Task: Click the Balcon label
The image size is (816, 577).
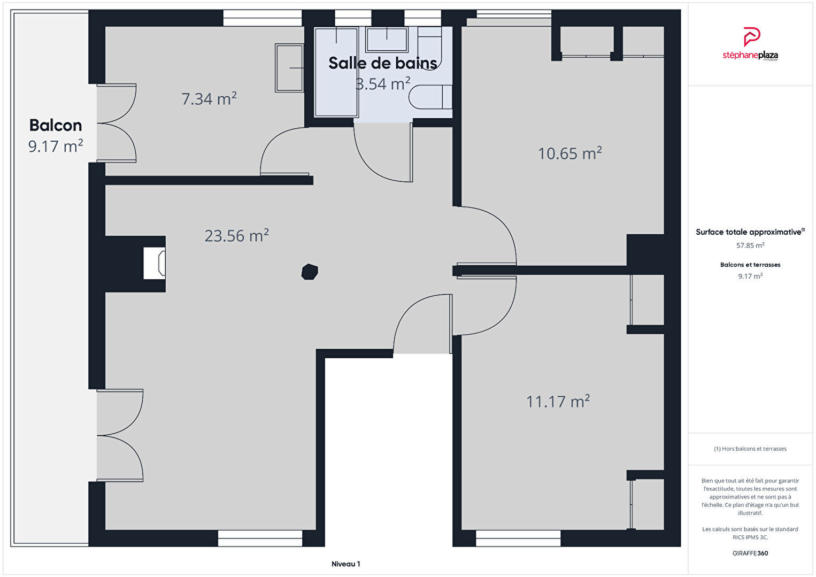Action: [56, 125]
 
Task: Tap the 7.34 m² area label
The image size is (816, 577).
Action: [209, 99]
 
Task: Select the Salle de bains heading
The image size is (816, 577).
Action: [382, 63]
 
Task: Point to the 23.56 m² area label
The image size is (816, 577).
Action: [237, 236]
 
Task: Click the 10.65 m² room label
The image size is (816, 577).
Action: [569, 153]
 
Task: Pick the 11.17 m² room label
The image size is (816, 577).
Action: [558, 402]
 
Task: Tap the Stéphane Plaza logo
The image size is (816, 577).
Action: [750, 44]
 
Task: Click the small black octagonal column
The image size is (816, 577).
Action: [310, 272]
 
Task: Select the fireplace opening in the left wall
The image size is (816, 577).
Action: [154, 263]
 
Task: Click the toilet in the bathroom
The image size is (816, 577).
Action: [430, 97]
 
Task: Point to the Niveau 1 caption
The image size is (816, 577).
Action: [346, 564]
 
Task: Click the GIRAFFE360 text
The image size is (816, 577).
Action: [750, 553]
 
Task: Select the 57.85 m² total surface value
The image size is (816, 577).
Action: [750, 245]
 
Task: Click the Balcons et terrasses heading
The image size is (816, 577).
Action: [750, 265]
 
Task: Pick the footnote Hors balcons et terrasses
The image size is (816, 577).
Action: [750, 449]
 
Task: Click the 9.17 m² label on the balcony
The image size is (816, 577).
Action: [56, 146]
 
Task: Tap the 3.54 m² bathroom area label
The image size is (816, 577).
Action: [383, 84]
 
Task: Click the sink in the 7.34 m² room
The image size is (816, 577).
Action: [289, 68]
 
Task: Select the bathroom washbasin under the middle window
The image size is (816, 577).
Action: [387, 40]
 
